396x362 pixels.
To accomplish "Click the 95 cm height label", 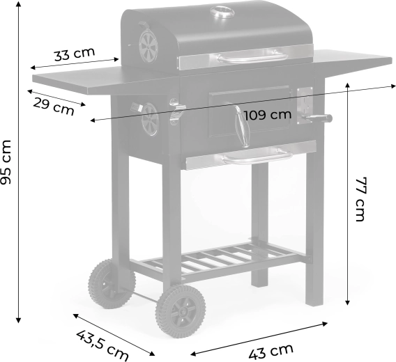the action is [x=6, y=162].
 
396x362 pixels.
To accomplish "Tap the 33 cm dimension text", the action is [x=75, y=54].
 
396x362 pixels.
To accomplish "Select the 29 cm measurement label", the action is [x=54, y=107].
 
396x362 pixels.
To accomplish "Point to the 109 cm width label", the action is [x=268, y=116].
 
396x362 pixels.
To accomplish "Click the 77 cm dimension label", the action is [x=360, y=199].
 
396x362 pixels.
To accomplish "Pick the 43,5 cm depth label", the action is [x=102, y=345].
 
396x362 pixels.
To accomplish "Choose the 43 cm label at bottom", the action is [x=271, y=351].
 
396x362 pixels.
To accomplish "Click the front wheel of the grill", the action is [x=180, y=311].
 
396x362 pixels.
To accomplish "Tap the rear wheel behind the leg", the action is [x=112, y=283].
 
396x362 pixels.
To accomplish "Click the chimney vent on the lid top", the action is [x=222, y=13].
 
